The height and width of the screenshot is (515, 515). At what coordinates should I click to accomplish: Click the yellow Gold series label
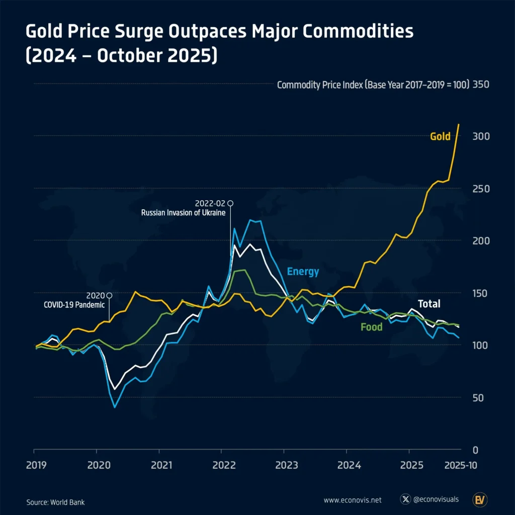tap(440, 136)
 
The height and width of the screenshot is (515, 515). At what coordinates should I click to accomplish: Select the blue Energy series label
tap(303, 272)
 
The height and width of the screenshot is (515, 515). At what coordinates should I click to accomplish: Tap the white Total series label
tap(429, 304)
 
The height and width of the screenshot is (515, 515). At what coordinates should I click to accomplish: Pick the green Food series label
tap(371, 327)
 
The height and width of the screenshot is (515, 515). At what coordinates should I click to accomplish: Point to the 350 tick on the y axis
tap(481, 84)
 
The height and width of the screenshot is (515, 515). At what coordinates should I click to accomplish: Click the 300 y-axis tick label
tap(481, 137)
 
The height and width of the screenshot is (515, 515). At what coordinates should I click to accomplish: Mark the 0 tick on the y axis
tap(476, 450)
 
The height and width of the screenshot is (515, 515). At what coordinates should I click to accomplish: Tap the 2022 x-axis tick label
tap(222, 465)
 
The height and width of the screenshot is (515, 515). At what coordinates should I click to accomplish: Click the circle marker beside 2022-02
tap(230, 203)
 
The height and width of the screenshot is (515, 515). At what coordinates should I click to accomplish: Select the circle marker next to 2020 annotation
tap(109, 295)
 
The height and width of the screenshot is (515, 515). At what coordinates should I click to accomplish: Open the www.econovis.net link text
tap(352, 500)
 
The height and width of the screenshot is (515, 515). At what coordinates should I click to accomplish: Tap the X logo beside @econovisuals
tap(405, 499)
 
